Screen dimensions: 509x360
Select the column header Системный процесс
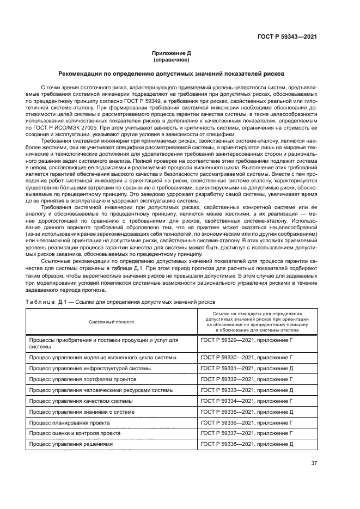pyautogui.click(x=111, y=321)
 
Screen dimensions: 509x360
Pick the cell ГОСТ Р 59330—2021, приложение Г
pyautogui.click(x=247, y=358)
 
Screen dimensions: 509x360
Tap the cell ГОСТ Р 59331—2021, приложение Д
pyautogui.click(x=247, y=369)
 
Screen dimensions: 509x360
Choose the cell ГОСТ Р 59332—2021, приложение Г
pyautogui.click(x=247, y=379)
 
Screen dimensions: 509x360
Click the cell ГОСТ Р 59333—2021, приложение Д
pyautogui.click(x=247, y=390)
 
